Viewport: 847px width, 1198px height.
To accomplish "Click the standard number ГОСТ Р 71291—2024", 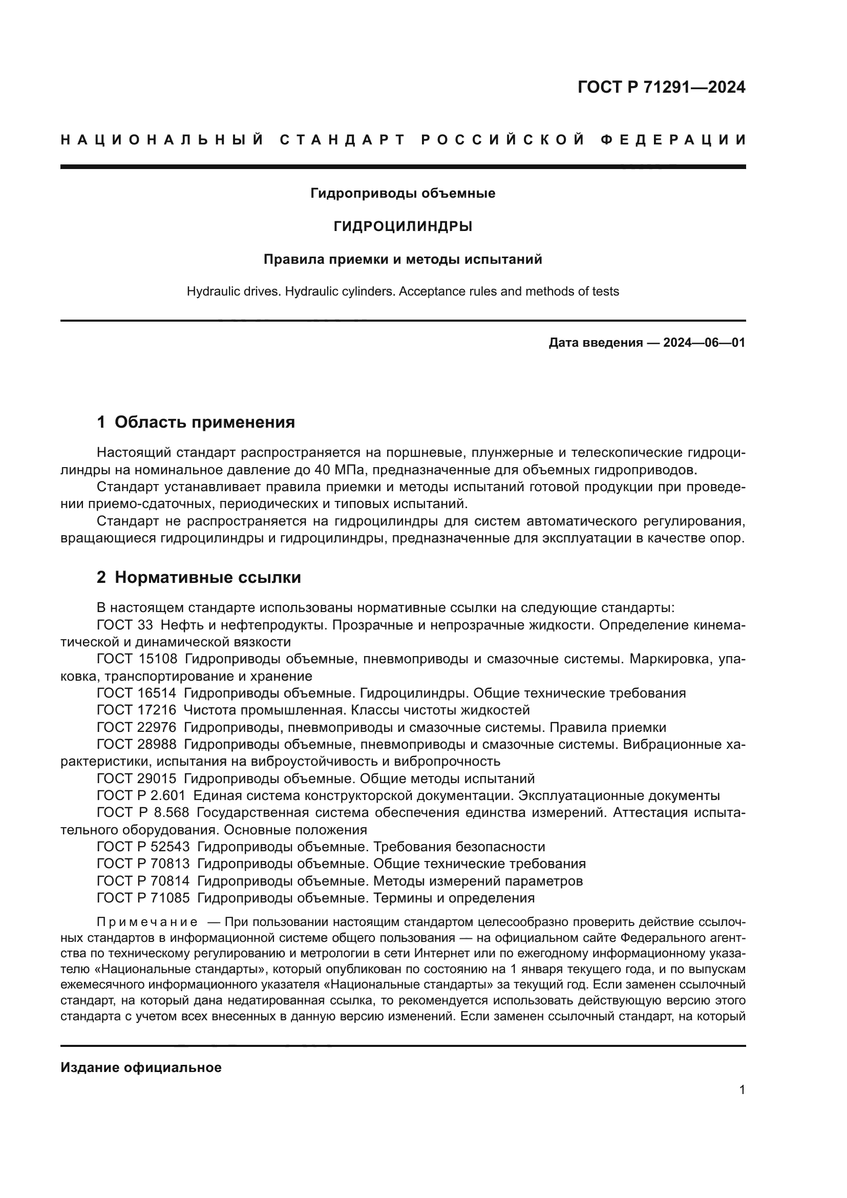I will point(661,87).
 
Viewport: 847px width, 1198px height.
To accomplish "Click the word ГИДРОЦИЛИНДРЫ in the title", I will point(403,226).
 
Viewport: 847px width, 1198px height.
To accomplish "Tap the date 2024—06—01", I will point(704,343).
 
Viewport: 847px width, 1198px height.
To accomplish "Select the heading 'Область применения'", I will point(204,422).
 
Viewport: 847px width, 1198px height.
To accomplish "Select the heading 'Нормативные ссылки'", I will point(207,578).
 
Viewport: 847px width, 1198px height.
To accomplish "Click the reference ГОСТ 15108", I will point(137,659).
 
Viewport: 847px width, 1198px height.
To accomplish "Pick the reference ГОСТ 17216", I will point(137,710).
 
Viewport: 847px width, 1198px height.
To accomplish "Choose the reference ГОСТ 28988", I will point(137,744).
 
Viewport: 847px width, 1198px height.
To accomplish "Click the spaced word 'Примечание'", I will point(147,922).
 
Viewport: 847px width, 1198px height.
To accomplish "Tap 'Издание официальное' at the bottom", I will point(141,1067).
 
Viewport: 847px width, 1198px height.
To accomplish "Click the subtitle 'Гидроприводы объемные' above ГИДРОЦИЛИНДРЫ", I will point(403,194).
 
